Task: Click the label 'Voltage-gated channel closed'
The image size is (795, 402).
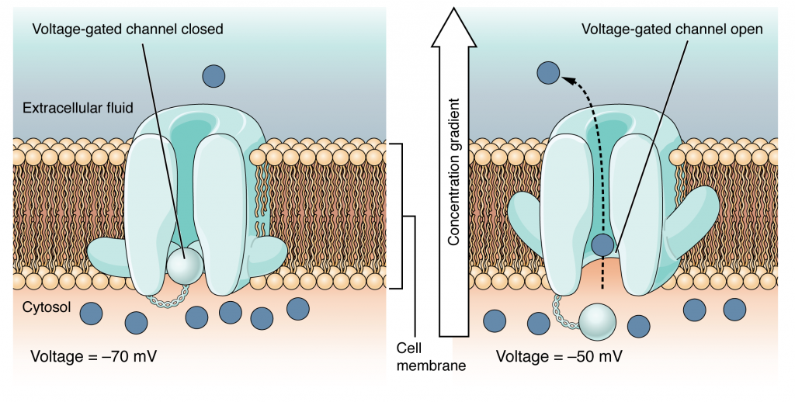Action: coord(128,29)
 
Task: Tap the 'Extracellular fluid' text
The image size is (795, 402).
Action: coord(76,107)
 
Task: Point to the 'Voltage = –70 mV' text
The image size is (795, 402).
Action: coord(95,357)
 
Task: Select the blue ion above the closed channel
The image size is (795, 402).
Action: coord(214,75)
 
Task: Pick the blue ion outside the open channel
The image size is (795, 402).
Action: coord(548,73)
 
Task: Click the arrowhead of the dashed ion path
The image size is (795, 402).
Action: coord(565,78)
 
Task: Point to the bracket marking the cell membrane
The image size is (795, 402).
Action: coord(397,216)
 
